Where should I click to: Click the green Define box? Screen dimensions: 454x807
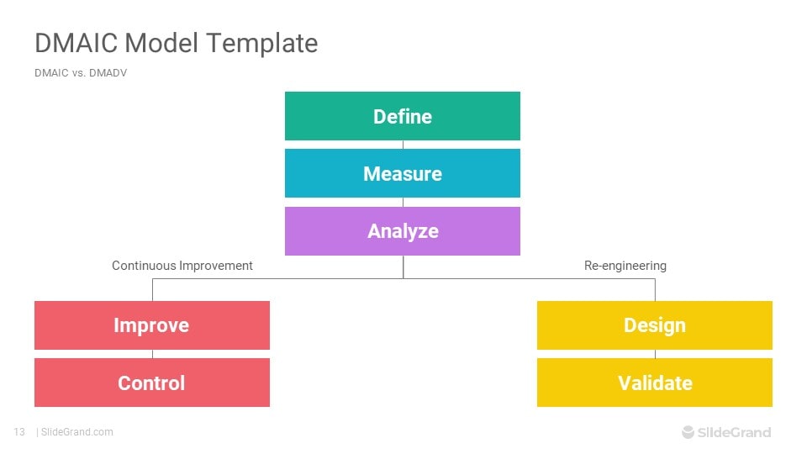(x=403, y=116)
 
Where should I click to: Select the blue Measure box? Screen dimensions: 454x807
(x=403, y=173)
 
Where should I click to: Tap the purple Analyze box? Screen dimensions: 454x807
(x=403, y=230)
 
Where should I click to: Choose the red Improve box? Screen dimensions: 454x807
(x=151, y=325)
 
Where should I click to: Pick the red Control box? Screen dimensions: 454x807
(x=151, y=383)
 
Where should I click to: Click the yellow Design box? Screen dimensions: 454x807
(x=655, y=325)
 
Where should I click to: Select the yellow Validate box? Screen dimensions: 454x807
(x=655, y=383)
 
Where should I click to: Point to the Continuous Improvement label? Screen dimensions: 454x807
(x=182, y=266)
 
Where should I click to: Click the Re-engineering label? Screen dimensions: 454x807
(x=625, y=266)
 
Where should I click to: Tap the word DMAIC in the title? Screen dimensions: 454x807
(x=74, y=43)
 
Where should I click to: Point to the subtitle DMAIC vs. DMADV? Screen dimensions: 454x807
(x=81, y=73)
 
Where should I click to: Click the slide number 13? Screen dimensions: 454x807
(x=19, y=432)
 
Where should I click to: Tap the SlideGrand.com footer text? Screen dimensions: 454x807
(x=76, y=432)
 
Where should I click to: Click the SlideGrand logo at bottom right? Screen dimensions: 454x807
(x=726, y=432)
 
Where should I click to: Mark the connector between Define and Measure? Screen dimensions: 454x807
(x=403, y=145)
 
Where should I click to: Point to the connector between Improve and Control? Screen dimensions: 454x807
(x=152, y=354)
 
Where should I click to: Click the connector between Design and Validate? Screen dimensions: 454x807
(x=655, y=354)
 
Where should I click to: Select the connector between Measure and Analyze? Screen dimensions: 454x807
(x=403, y=202)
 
